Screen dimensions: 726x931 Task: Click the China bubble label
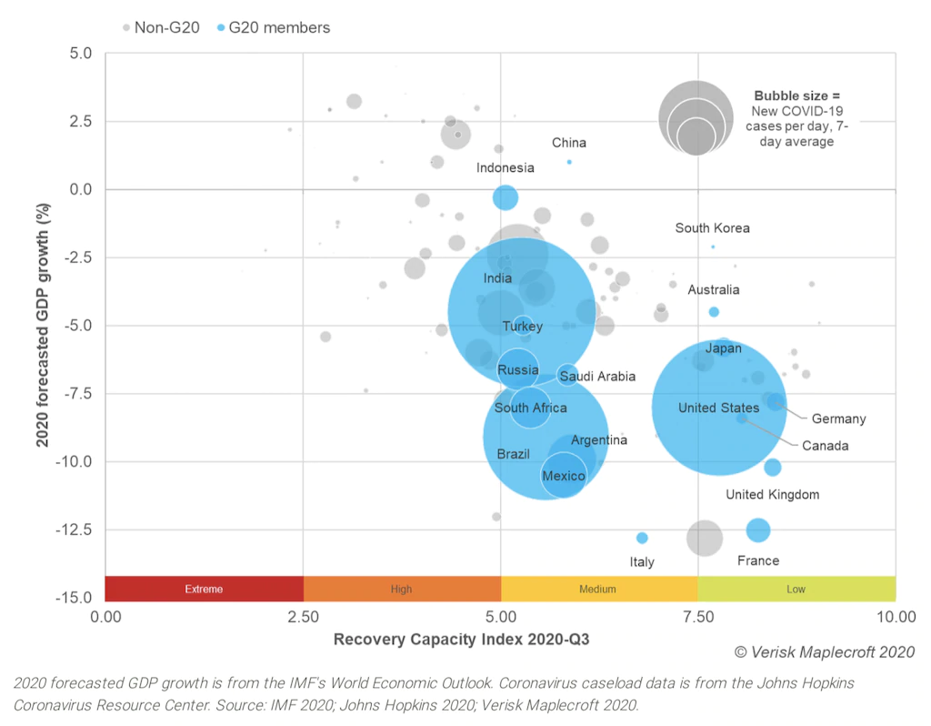click(x=569, y=143)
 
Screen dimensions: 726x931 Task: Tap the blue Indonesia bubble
click(x=506, y=197)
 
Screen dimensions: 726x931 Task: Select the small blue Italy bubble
click(x=642, y=538)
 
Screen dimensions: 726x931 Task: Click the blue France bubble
click(x=758, y=529)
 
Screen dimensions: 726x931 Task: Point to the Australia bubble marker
click(x=714, y=312)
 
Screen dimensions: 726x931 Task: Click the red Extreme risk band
click(x=204, y=589)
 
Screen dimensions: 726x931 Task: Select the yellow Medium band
click(x=598, y=589)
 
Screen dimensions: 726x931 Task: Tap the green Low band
click(x=796, y=589)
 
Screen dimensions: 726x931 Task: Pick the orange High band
click(x=401, y=589)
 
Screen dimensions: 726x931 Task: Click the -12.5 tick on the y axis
click(x=75, y=529)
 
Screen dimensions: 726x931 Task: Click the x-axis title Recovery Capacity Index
click(x=461, y=639)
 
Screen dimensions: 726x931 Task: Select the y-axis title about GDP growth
click(x=43, y=327)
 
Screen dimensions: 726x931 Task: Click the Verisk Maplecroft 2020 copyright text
click(x=825, y=651)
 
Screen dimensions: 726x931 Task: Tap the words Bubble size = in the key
click(x=797, y=95)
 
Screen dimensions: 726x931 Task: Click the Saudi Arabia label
click(x=596, y=376)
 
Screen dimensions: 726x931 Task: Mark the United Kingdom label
click(x=772, y=495)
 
